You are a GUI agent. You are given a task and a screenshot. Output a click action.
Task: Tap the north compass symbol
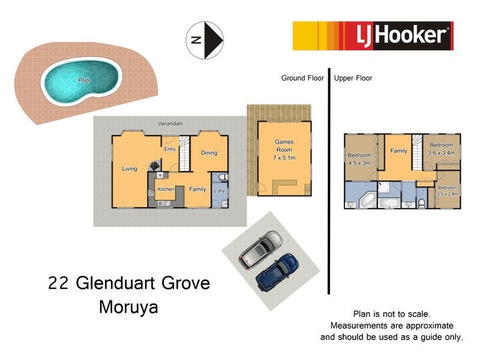pos(205,41)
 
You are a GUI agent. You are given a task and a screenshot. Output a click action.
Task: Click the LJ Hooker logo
pos(373,35)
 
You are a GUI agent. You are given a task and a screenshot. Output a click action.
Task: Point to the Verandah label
pos(170,123)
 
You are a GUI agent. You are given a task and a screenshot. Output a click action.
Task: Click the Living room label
pos(130,169)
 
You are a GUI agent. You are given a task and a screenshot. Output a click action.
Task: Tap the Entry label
pos(170,149)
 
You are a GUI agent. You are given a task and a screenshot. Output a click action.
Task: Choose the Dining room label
pos(209,152)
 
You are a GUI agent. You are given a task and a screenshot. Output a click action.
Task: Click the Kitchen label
pos(166,189)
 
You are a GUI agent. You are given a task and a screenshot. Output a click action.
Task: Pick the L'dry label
pos(219,191)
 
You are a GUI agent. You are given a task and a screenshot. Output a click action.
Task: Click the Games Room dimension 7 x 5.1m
pos(284,157)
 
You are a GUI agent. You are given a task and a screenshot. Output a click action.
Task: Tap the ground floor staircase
pos(184,154)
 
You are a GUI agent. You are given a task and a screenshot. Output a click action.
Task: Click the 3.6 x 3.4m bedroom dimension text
pos(441,152)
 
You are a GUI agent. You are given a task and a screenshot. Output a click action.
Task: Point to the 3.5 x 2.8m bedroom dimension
pos(447,194)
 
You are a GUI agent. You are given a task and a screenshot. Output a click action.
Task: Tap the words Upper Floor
pos(353,78)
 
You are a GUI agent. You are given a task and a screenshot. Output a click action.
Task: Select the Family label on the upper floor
pos(398,151)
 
